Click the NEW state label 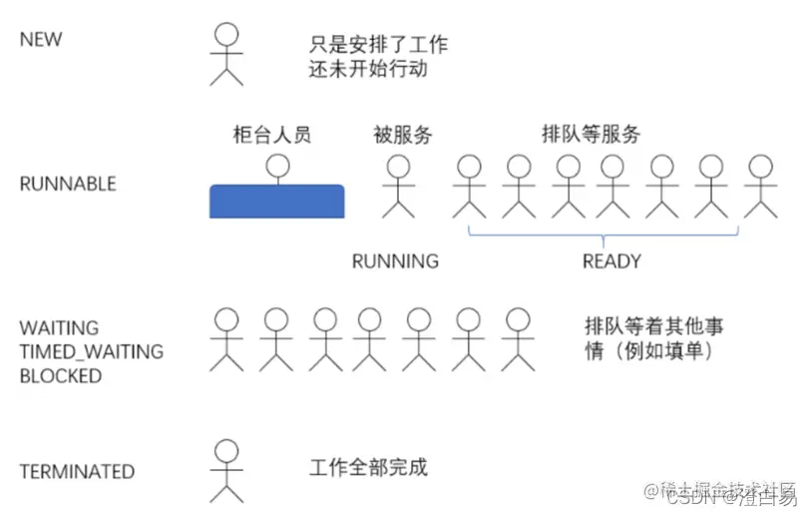(x=41, y=40)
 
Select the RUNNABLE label (x=68, y=184)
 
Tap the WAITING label (x=59, y=327)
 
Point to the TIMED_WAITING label (x=91, y=351)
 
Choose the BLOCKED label (x=60, y=376)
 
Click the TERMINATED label (x=77, y=471)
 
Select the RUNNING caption (x=395, y=261)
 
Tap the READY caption (x=611, y=261)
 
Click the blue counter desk (x=276, y=202)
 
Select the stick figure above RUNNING (x=398, y=186)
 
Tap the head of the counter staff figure (x=276, y=165)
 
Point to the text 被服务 (x=403, y=135)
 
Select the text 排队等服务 (x=591, y=133)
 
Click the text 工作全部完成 (x=369, y=467)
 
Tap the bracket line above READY (x=604, y=236)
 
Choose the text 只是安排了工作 (x=378, y=44)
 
